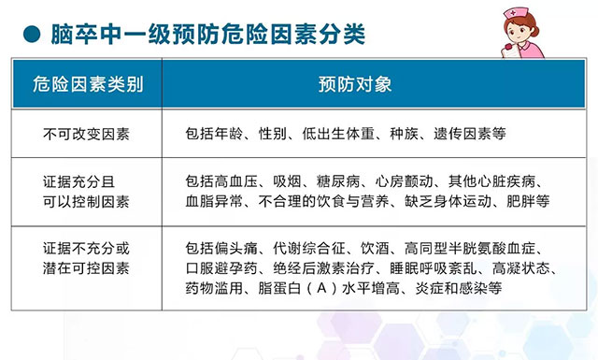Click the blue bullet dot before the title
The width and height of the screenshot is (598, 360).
pos(32,35)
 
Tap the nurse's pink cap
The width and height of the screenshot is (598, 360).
pos(516,13)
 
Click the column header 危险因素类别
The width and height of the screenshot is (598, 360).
pos(88,84)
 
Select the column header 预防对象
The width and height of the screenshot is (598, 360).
pos(355,84)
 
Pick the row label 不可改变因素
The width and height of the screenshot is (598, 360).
pos(87,134)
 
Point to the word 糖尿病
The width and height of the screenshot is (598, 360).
pos(338,181)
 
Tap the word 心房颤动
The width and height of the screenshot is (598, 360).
pos(404,181)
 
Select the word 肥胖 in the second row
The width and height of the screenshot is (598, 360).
pos(520,201)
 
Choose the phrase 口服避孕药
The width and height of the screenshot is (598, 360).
pos(221,268)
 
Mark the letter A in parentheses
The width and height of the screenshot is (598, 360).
pos(321,288)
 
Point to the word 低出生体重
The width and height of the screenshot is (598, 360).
pos(338,134)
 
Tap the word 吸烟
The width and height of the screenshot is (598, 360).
pos(287,181)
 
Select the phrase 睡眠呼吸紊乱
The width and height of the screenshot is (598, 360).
pos(434,268)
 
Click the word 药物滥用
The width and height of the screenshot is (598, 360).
pos(214,288)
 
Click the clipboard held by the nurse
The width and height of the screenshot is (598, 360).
pos(510,51)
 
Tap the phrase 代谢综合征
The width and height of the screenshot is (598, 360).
pos(309,249)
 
